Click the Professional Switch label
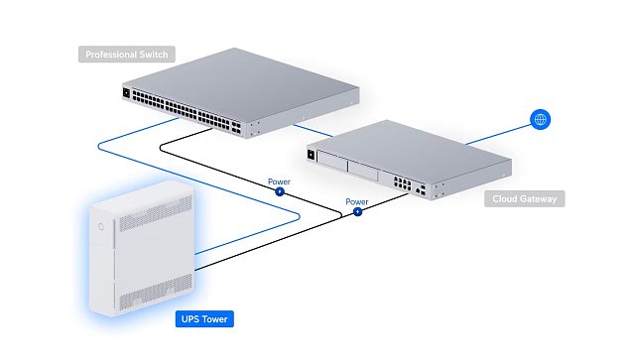pos(126,55)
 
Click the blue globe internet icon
pos(540,120)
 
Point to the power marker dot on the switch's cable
pos(279,190)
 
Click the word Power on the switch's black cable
pos(280,181)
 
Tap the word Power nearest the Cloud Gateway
pos(356,200)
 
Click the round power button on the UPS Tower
pos(102,225)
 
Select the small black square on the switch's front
pos(126,94)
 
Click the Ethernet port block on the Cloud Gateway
pos(404,183)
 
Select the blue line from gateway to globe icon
pos(496,136)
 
